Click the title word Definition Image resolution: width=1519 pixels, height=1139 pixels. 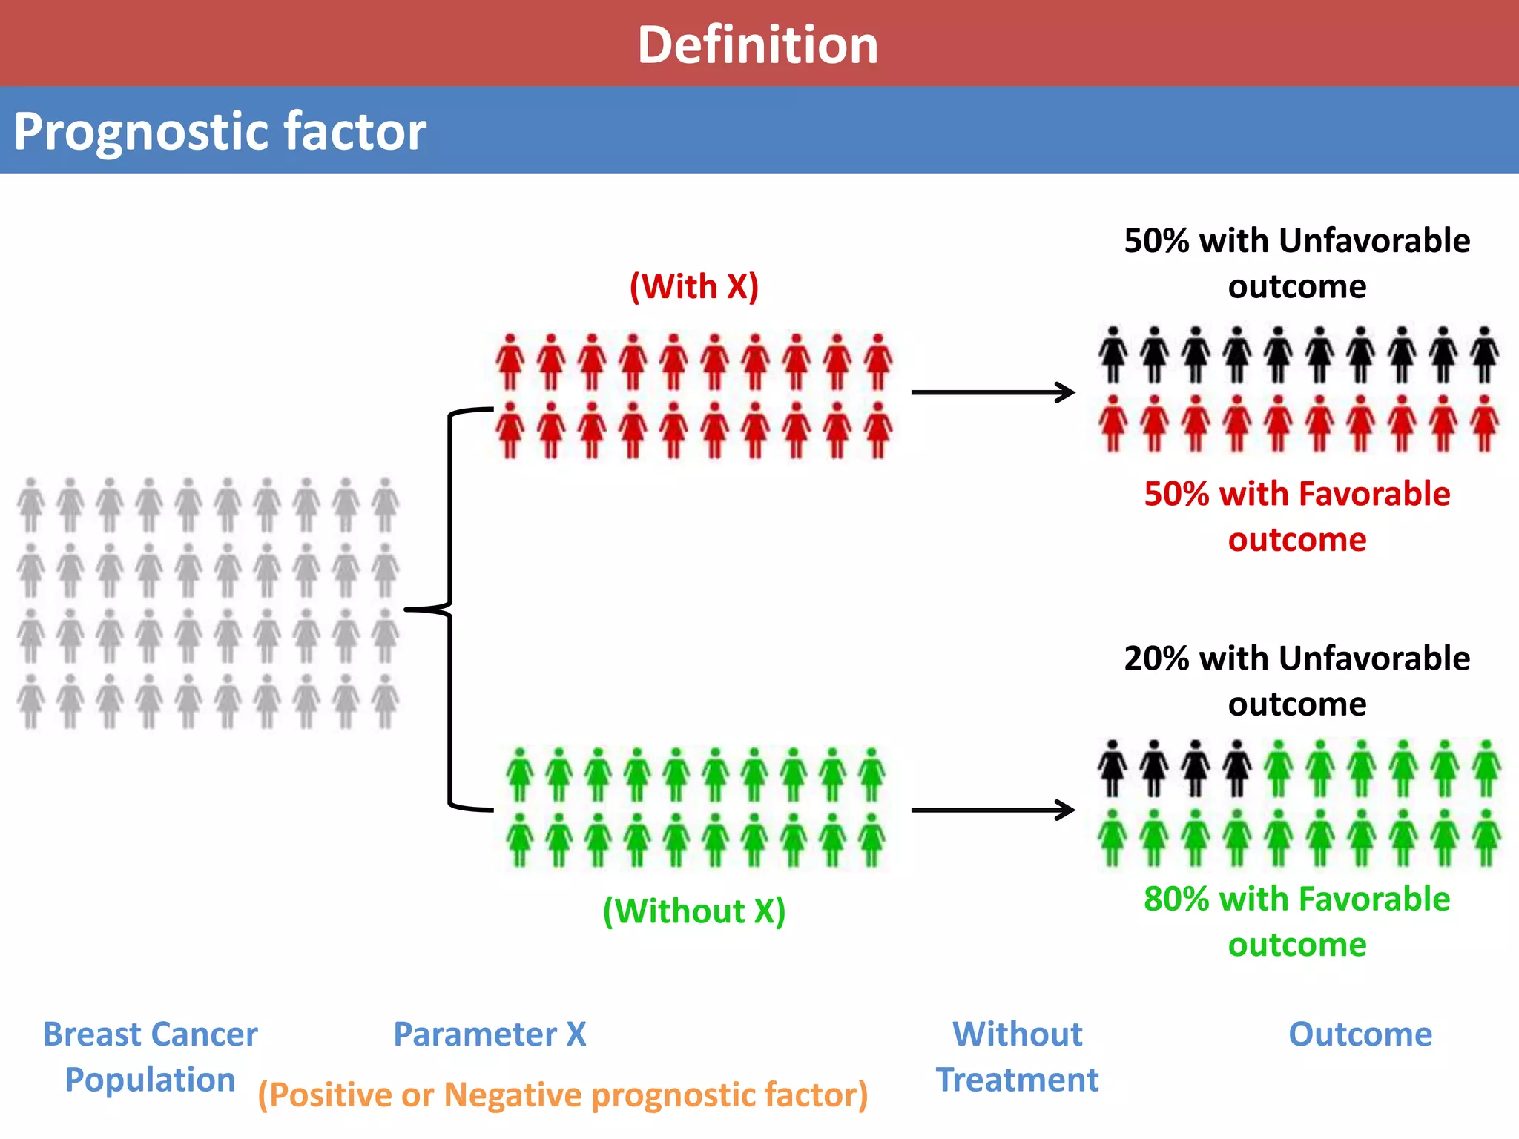click(758, 45)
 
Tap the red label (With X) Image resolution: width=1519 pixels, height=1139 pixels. click(694, 287)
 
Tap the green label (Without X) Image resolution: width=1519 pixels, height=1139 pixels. click(693, 911)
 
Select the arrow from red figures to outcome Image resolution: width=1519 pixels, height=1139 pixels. click(992, 392)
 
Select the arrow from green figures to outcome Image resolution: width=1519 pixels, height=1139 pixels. click(992, 810)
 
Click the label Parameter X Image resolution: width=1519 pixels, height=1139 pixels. click(490, 1034)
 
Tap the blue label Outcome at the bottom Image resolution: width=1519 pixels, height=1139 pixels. click(1360, 1034)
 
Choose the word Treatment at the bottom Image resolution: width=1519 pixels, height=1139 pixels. click(1017, 1080)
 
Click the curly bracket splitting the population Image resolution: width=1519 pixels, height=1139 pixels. click(448, 610)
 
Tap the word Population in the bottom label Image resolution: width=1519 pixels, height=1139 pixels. click(150, 1080)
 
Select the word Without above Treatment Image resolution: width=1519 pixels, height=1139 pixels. click(1017, 1034)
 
